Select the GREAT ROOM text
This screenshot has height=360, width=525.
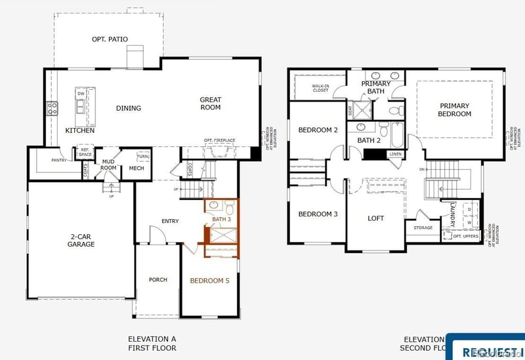(x=211, y=104)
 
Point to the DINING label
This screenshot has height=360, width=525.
(x=129, y=108)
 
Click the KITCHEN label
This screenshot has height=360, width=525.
(x=79, y=130)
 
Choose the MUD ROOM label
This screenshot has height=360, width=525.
(x=108, y=164)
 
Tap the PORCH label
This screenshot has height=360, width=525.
(x=157, y=280)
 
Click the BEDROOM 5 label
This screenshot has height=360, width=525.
(x=210, y=281)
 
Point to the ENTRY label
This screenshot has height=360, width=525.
(x=170, y=221)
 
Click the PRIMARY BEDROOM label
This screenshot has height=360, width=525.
(x=455, y=110)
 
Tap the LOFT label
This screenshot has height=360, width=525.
(x=375, y=218)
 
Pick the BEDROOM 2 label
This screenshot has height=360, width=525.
(x=318, y=130)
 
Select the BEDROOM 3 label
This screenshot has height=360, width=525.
(x=318, y=214)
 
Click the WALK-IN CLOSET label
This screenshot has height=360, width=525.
(x=320, y=87)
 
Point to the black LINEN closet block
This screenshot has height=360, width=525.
(x=375, y=154)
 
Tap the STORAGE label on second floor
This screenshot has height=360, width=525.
(x=423, y=228)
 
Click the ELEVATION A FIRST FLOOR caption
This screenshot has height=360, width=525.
(x=152, y=343)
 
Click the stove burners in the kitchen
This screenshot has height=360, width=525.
(x=52, y=109)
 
